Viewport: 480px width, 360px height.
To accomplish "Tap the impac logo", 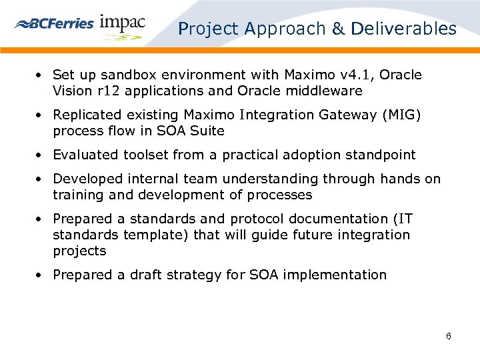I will coord(122,24).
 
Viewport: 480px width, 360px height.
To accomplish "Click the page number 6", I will coord(449,336).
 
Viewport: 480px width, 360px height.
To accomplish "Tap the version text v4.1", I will coord(357,75).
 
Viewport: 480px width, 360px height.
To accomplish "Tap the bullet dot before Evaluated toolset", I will coord(41,155).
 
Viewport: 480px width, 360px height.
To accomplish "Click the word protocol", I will coord(256,219).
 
